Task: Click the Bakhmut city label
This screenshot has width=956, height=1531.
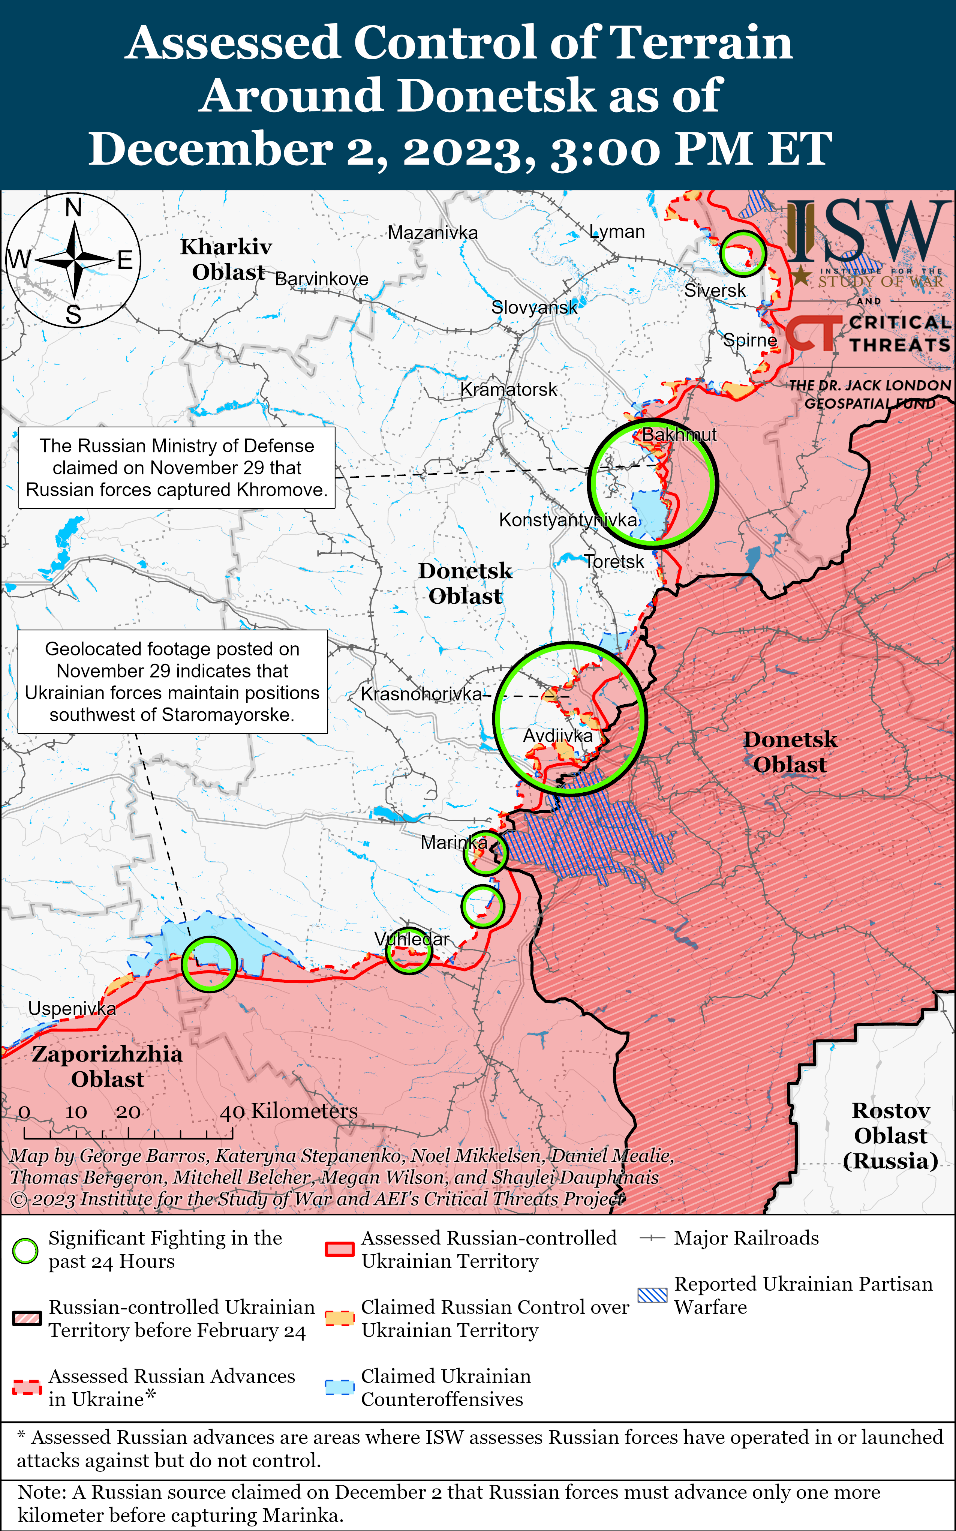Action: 679,435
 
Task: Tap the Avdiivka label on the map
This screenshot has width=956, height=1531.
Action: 558,735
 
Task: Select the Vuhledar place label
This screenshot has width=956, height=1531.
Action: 412,939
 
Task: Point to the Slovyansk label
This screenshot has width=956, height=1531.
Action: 534,307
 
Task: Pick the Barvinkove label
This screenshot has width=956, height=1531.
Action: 322,279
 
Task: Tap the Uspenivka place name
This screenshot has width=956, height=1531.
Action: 72,1009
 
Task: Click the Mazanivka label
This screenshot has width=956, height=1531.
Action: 433,233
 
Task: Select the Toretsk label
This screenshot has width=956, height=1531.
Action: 613,562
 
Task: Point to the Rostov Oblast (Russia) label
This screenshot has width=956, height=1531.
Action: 890,1136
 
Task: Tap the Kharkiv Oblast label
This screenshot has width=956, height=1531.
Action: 226,259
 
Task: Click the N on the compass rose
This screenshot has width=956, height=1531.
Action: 74,207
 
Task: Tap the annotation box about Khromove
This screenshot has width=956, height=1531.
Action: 177,468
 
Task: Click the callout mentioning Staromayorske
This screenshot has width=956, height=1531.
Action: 172,682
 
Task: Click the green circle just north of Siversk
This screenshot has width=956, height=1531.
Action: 743,253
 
